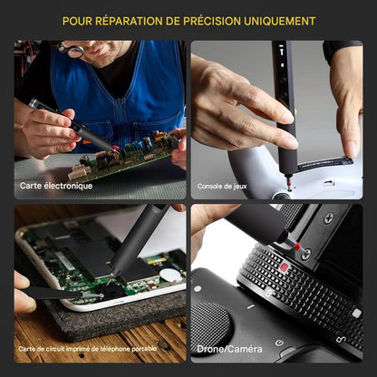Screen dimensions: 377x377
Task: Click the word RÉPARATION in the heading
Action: tap(135, 20)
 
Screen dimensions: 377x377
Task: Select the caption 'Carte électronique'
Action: tap(56, 186)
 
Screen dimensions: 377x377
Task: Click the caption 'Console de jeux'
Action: tap(223, 187)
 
